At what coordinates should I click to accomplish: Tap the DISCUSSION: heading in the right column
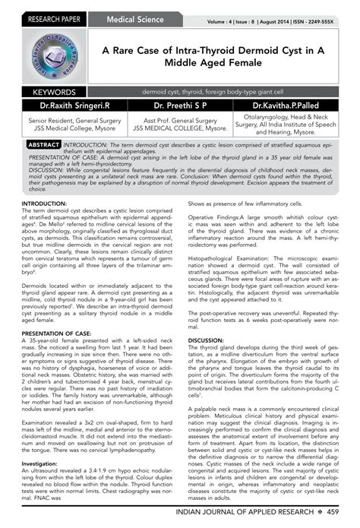click(206, 319)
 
